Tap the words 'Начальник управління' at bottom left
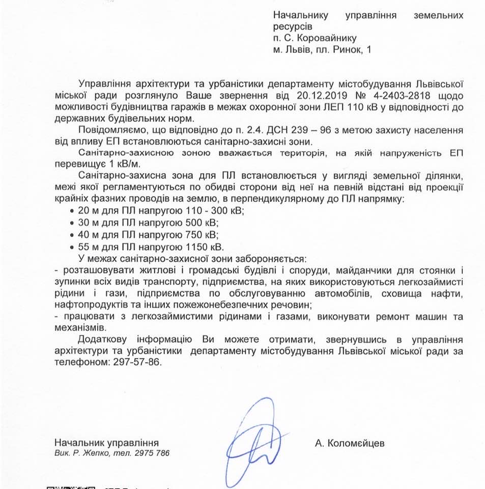[x=106, y=443]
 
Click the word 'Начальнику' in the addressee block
[x=301, y=15]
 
